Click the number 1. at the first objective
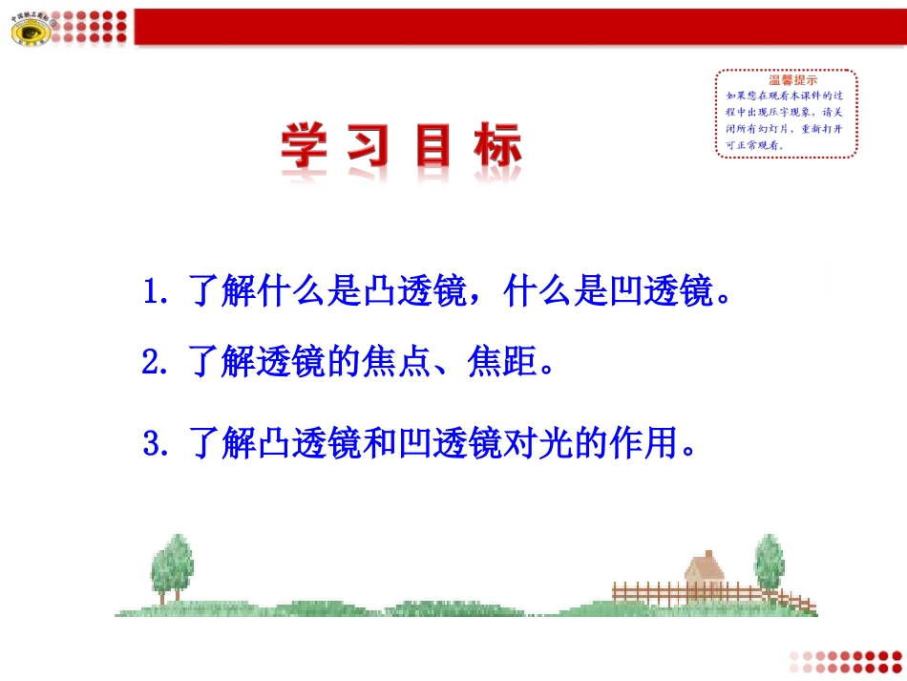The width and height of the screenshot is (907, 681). [155, 291]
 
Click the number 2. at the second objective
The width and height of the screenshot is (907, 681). [155, 364]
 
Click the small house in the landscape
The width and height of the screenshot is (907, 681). [704, 572]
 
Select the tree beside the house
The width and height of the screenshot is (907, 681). [769, 565]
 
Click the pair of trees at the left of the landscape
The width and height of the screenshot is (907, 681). [171, 567]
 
